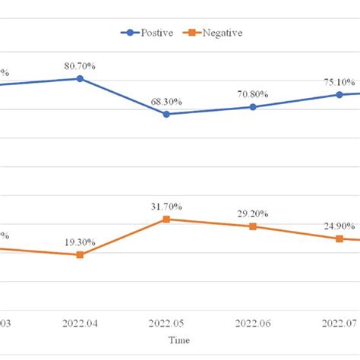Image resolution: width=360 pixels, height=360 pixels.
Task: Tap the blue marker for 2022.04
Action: pos(80,78)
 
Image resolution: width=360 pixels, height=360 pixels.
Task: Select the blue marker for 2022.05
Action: pos(166,114)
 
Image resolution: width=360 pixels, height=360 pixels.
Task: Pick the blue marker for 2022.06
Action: pos(253,107)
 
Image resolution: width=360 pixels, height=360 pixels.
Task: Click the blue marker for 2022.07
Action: pos(339,95)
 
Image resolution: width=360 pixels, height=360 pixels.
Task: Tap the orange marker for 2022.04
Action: pos(80,254)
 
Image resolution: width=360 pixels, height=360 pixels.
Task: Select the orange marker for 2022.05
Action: pos(166,219)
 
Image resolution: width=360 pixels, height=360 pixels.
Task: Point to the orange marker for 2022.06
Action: pos(253,226)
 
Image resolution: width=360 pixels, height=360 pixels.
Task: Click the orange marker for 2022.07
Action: pos(339,238)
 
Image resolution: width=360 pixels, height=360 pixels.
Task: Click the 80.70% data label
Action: pos(80,66)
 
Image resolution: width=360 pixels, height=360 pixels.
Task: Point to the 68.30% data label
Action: pos(166,101)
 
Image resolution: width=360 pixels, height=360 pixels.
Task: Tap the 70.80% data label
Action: pos(253,94)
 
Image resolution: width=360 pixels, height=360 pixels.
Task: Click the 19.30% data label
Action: pos(80,242)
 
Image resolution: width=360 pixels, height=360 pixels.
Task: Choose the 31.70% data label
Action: pos(166,207)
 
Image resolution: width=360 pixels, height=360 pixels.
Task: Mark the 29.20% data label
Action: pos(253,213)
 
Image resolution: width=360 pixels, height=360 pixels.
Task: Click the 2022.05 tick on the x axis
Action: pos(166,323)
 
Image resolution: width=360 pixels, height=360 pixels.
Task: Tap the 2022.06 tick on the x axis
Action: pos(253,323)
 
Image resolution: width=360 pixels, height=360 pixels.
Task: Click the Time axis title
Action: pos(179,339)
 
